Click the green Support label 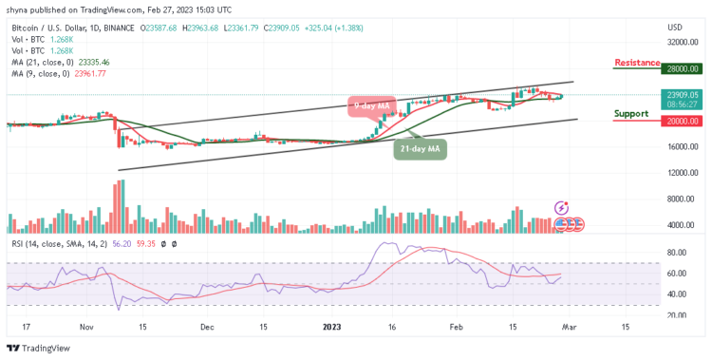coord(631,113)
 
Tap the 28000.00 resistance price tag coord(682,69)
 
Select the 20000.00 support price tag coord(682,121)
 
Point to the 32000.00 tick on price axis coord(681,43)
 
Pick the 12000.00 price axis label coord(681,173)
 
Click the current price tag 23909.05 coord(682,95)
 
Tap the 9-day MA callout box coord(369,105)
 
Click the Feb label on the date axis coord(458,325)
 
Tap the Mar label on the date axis coord(568,325)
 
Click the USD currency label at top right coord(676,27)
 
